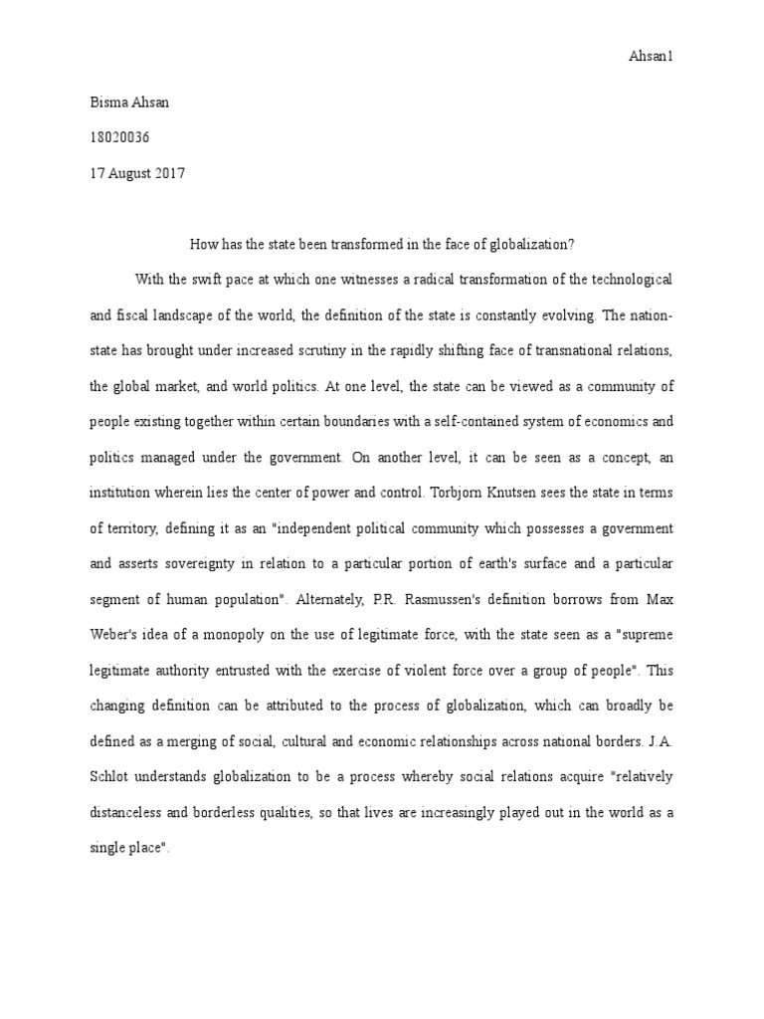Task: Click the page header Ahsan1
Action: (654, 57)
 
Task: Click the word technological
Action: (631, 280)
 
